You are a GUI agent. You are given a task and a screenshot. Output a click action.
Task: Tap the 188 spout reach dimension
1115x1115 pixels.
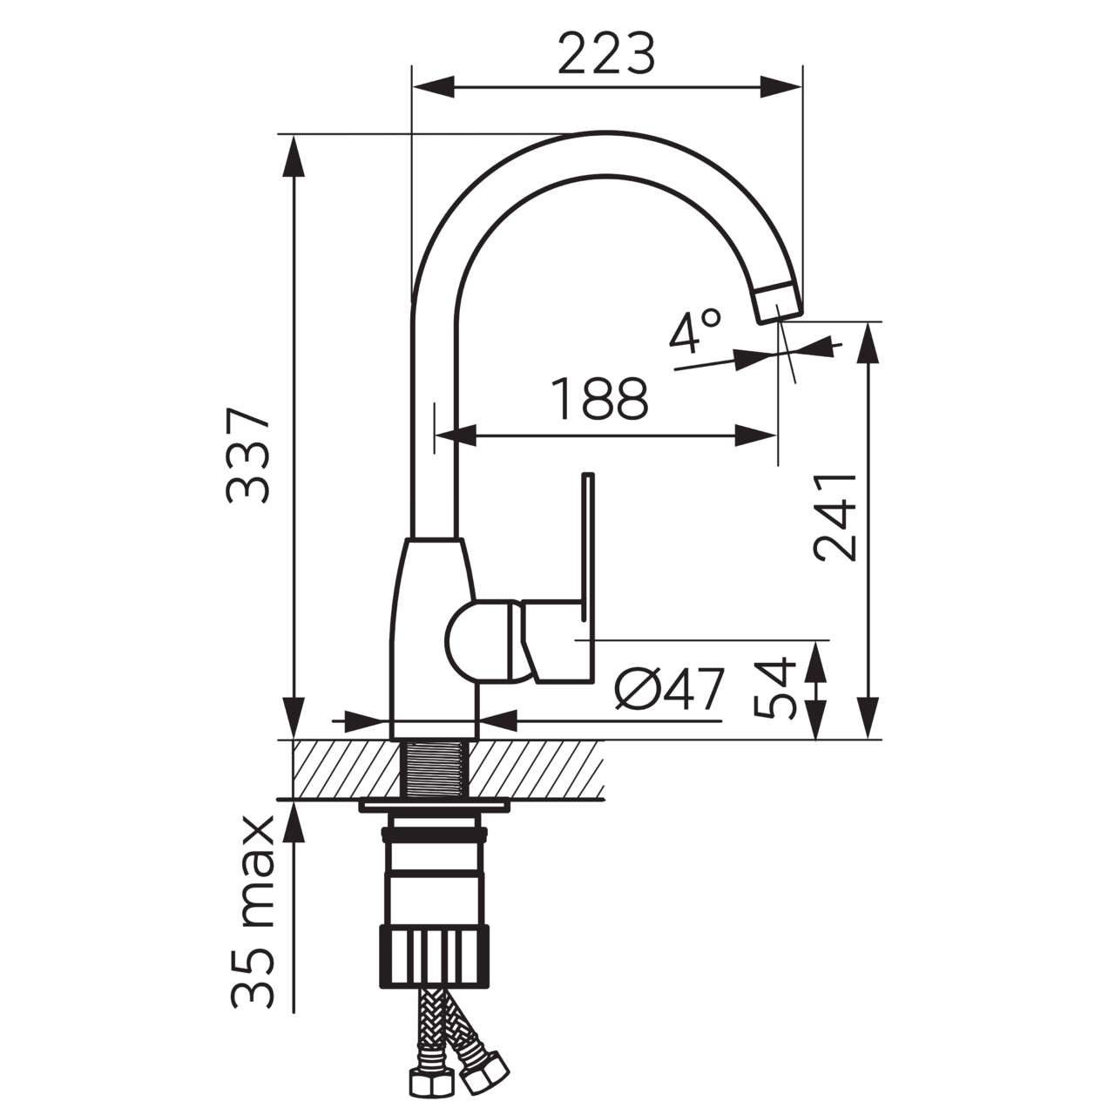point(601,400)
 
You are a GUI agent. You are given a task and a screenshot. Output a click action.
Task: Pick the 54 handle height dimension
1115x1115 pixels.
point(774,688)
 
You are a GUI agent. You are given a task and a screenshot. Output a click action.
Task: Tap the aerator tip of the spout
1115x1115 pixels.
point(777,303)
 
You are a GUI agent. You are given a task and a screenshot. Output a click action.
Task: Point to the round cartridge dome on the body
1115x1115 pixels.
point(475,641)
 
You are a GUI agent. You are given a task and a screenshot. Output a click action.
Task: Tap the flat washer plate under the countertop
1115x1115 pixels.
point(435,807)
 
